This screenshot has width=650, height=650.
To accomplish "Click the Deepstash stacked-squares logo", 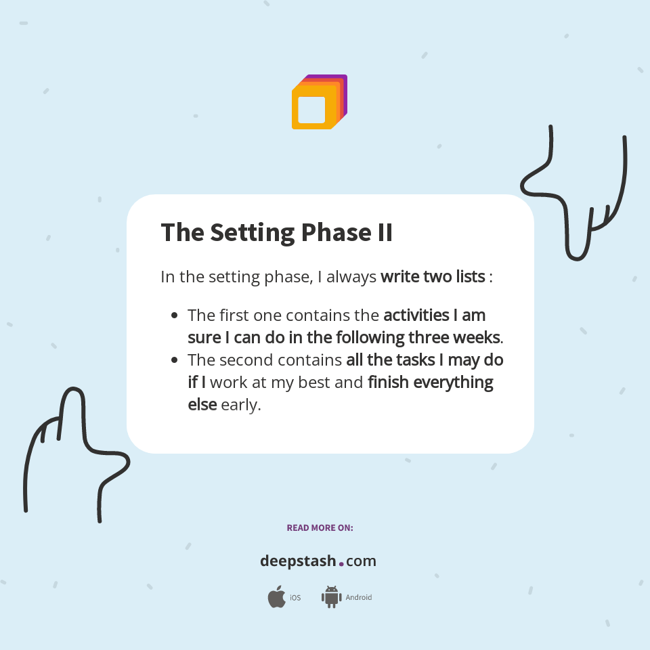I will click(319, 102).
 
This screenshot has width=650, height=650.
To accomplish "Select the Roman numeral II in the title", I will click(383, 232).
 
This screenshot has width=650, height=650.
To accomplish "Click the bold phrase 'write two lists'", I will click(433, 276).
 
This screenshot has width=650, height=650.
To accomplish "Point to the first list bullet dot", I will click(175, 316).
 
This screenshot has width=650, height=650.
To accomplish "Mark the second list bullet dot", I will click(175, 360).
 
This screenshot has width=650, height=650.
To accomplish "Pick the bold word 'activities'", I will click(416, 316).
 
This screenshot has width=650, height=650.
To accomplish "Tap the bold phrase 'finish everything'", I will click(431, 382).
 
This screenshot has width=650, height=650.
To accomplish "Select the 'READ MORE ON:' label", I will click(320, 527).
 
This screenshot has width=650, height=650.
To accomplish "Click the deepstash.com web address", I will click(318, 561).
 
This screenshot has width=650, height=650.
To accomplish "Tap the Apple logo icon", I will click(276, 597).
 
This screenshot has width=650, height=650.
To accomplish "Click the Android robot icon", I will click(331, 597).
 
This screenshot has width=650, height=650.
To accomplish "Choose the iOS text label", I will click(295, 598).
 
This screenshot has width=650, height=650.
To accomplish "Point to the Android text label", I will click(358, 598).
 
